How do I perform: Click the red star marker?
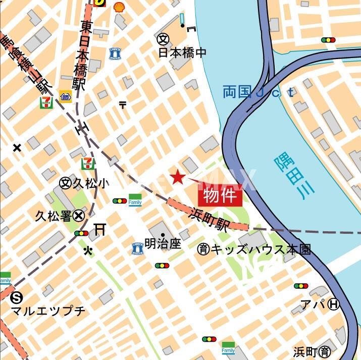coord(177,177)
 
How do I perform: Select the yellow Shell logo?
coord(119,7)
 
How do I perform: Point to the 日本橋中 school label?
coord(182,52)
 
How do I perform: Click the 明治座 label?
coord(163,243)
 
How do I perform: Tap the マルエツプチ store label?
coord(48,311)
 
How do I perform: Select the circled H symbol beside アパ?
coord(333,304)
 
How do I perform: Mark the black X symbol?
coord(17,148)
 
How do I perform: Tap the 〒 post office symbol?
coord(123,105)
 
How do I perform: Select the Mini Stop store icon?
coord(65,96)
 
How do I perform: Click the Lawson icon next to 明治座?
coord(137,248)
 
